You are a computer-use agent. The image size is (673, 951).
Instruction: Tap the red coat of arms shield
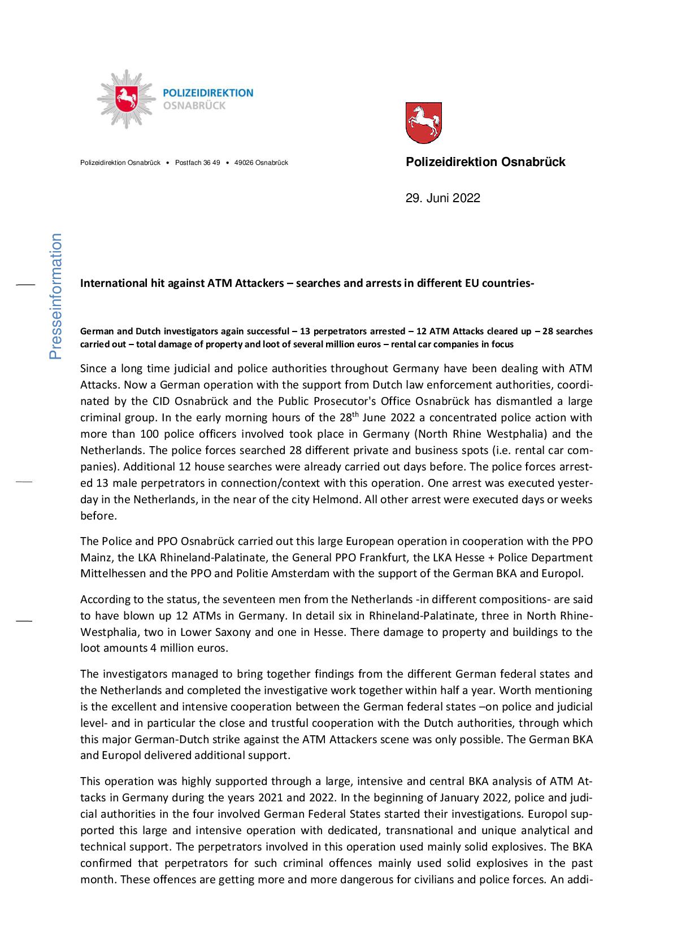click(x=423, y=122)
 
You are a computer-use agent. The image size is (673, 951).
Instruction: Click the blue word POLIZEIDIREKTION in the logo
click(x=208, y=93)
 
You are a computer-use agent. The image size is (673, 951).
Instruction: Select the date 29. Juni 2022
click(x=442, y=198)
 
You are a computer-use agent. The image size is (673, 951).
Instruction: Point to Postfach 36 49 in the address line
click(x=197, y=163)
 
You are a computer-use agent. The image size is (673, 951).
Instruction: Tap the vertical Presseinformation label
click(x=55, y=296)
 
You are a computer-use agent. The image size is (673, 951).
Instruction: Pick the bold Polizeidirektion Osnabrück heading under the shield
click(x=485, y=162)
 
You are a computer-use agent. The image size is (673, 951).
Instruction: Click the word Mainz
click(x=97, y=557)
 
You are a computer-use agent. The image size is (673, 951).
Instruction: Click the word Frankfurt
click(x=370, y=557)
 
